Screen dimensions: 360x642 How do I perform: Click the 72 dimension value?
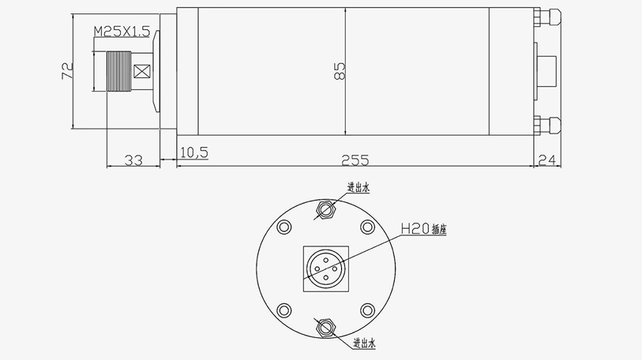[67, 72]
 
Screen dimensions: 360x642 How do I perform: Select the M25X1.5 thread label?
[122, 32]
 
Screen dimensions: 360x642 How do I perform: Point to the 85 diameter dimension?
[340, 73]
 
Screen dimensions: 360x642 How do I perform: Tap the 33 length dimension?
[133, 160]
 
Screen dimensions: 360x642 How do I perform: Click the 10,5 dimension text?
[193, 152]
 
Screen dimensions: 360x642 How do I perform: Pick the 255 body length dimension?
[355, 160]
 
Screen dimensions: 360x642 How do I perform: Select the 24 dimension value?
[547, 160]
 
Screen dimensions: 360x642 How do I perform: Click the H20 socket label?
[415, 229]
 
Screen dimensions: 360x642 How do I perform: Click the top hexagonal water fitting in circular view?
[326, 210]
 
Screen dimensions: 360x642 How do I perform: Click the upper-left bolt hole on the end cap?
[283, 228]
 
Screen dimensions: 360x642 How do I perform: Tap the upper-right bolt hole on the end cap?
[367, 228]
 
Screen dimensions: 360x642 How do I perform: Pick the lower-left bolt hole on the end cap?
[283, 309]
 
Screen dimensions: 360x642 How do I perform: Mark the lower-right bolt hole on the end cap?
[367, 309]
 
